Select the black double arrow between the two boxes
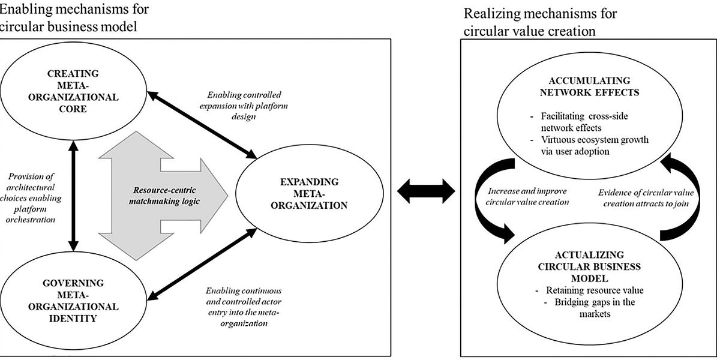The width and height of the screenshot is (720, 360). pos(427,190)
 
